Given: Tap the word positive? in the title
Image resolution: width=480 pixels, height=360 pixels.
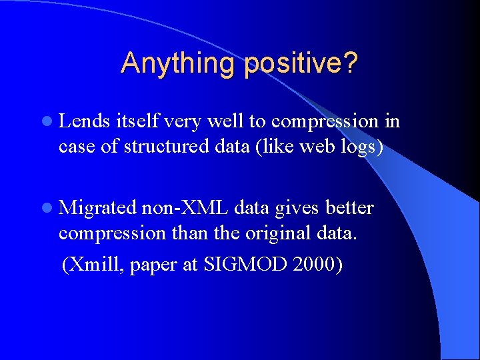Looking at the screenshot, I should pos(301,64).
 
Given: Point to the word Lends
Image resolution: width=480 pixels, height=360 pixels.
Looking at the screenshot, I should pos(85,121).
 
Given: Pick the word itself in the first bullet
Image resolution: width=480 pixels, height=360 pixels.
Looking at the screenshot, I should pos(136,121).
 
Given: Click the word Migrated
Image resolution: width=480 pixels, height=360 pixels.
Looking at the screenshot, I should pos(98,208).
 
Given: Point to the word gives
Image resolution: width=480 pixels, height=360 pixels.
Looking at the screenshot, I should pos(293,208).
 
